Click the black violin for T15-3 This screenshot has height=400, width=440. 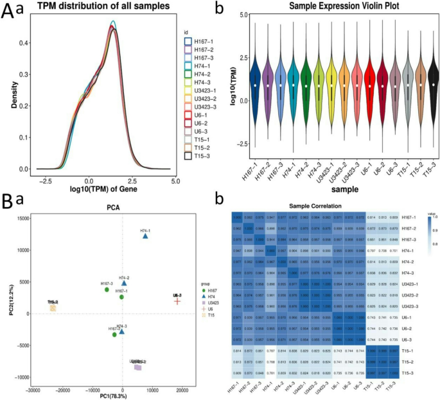tap(434, 84)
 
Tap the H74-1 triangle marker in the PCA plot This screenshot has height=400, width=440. tap(145, 237)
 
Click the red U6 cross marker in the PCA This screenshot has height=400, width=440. tap(177, 301)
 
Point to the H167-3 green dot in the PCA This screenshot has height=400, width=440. tap(107, 290)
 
